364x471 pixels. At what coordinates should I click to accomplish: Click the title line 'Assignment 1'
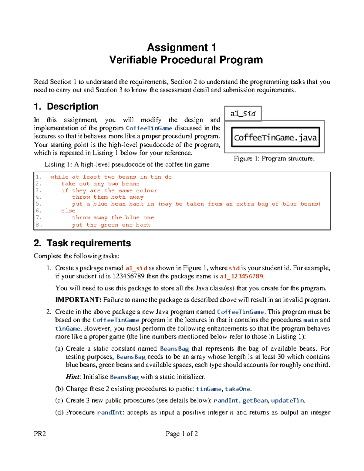tap(181, 48)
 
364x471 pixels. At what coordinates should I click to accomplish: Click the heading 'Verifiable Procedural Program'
tap(186, 60)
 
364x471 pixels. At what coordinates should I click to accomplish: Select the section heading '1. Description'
tap(66, 106)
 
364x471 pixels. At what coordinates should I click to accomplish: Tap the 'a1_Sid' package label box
tap(243, 114)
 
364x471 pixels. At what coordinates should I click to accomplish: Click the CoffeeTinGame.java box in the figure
tap(275, 137)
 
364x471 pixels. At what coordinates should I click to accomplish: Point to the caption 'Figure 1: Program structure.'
tap(274, 159)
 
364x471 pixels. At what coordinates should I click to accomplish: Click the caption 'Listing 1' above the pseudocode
tap(127, 164)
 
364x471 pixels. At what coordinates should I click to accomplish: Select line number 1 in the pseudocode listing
tap(38, 177)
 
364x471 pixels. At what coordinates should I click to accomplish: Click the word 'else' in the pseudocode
tap(68, 211)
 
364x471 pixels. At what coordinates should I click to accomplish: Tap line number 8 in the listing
tap(38, 225)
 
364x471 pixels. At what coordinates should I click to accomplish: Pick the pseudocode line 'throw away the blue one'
tap(113, 218)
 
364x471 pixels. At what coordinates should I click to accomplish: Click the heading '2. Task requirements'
tap(82, 243)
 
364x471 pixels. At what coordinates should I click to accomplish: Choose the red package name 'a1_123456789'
tap(241, 276)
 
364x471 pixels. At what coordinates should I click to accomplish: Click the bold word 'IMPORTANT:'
tap(78, 300)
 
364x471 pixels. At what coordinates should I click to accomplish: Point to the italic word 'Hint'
tap(72, 377)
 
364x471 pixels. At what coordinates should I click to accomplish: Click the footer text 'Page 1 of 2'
tap(182, 434)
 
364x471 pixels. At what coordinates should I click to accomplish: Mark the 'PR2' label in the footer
tap(40, 434)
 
